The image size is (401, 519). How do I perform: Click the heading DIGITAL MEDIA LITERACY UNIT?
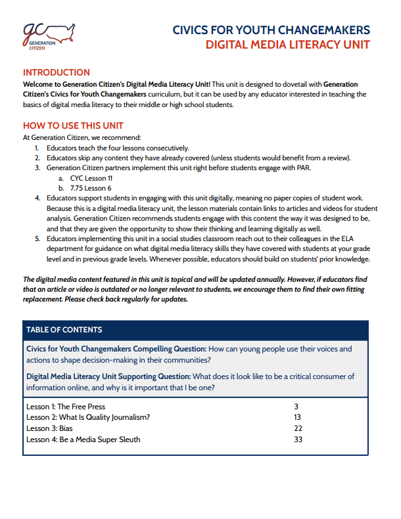click(287, 45)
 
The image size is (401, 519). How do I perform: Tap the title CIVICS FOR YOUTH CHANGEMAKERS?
click(271, 30)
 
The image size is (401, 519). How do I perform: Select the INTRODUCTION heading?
click(57, 72)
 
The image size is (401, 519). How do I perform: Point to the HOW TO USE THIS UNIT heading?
click(73, 125)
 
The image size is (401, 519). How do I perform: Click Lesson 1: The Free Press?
click(65, 407)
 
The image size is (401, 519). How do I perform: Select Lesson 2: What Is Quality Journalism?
click(88, 417)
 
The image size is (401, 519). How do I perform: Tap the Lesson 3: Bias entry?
click(49, 428)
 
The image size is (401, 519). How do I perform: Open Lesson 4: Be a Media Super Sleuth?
click(83, 439)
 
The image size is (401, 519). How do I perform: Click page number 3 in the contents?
click(296, 407)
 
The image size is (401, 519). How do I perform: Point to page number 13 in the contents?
click(298, 417)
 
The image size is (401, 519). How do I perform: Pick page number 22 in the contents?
click(298, 428)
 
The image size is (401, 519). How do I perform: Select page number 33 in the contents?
click(298, 439)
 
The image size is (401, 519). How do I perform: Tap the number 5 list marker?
click(37, 238)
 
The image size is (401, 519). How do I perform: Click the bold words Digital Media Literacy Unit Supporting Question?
click(108, 376)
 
